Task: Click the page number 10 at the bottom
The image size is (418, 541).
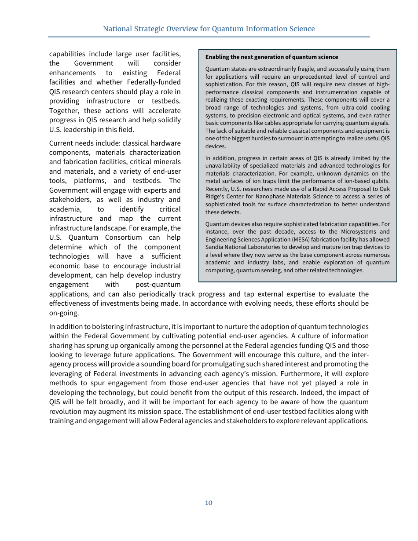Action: pos(209,503)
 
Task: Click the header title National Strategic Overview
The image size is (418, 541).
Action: pos(209,29)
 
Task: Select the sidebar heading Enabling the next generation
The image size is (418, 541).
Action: pos(271,57)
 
